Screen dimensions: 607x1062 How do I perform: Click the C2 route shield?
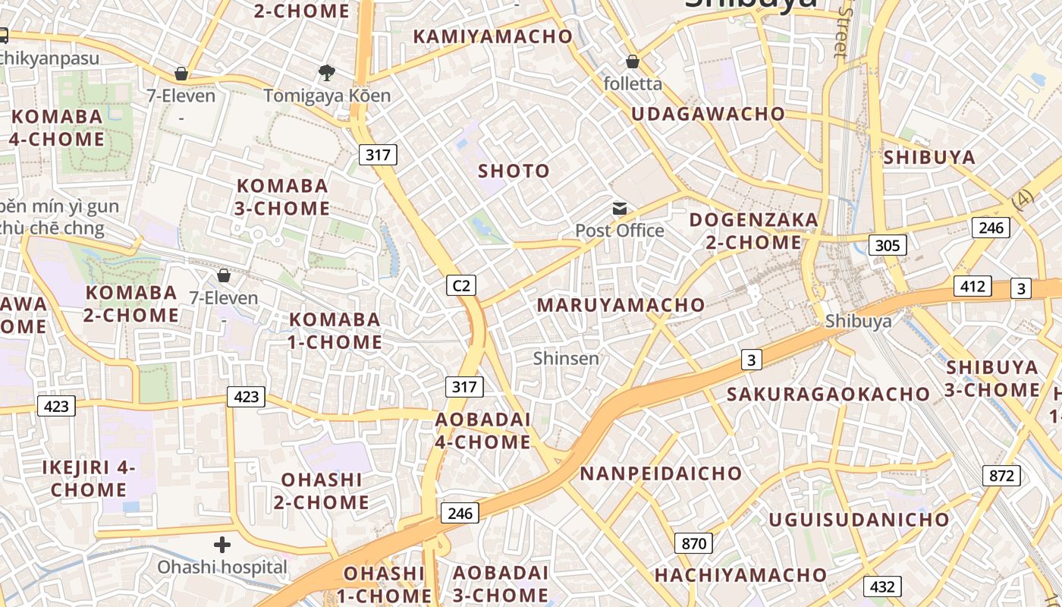(461, 285)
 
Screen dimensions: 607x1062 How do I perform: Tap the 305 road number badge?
(887, 245)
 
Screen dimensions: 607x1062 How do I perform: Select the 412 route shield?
(972, 286)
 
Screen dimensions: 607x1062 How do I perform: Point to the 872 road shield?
(1001, 476)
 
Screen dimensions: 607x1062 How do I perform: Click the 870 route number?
(693, 543)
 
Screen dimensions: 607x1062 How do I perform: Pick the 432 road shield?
(882, 587)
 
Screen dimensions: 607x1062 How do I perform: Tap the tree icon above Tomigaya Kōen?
(327, 73)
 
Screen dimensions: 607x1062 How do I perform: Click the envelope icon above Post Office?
(620, 209)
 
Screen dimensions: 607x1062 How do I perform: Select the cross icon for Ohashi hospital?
(222, 544)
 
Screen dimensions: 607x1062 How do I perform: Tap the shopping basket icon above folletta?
(633, 61)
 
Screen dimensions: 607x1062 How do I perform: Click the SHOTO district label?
(514, 171)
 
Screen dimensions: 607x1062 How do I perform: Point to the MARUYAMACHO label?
(621, 305)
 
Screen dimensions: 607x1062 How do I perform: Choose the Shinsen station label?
(566, 358)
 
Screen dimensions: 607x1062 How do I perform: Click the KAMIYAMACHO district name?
(492, 36)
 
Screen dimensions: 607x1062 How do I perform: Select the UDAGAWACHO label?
(709, 114)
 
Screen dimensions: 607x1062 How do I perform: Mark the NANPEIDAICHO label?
(661, 473)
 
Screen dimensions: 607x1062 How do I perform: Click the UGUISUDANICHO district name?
(859, 520)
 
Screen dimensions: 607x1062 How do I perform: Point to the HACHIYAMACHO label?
(740, 575)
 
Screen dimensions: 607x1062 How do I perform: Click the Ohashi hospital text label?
(222, 567)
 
